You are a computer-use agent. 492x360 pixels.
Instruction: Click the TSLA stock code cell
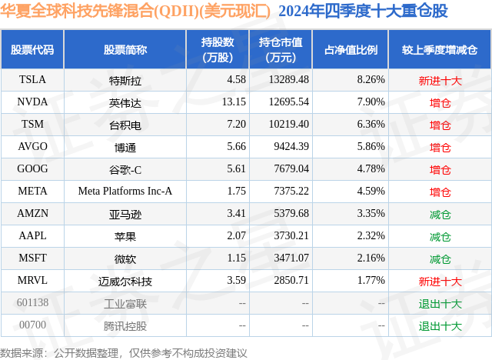[x=32, y=79]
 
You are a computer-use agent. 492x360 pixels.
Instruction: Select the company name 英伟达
[x=125, y=102]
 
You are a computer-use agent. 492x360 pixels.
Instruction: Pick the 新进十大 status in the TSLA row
[x=440, y=80]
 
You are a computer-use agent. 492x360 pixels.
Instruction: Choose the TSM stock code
[x=32, y=124]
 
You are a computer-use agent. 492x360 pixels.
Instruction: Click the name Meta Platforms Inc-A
[x=125, y=191]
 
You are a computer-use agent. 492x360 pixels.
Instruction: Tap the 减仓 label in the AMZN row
[x=440, y=214]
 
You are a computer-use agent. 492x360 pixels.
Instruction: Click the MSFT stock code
[x=32, y=258]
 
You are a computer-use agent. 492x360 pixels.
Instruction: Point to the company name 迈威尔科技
[x=125, y=281]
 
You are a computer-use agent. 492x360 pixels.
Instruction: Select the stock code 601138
[x=32, y=303]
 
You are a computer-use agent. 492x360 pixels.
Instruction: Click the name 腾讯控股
[x=125, y=325]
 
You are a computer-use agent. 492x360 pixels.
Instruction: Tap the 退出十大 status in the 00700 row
[x=440, y=325]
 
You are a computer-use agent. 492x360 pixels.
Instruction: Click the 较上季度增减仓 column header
[x=440, y=50]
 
